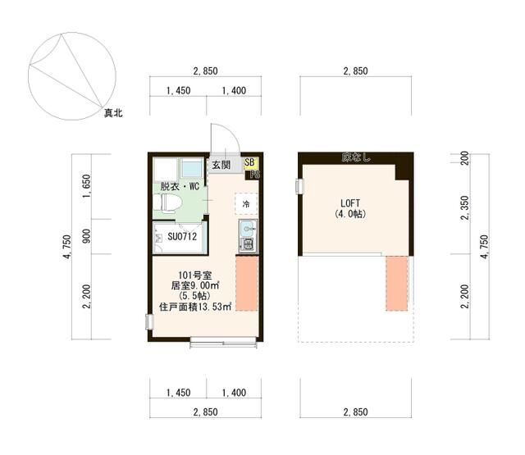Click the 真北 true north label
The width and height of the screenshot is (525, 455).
click(x=113, y=113)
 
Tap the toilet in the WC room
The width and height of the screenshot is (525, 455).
click(x=170, y=202)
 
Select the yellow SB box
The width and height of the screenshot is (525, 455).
click(x=249, y=163)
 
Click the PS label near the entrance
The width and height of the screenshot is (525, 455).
click(x=255, y=175)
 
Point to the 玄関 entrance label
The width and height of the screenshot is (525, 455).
click(x=221, y=165)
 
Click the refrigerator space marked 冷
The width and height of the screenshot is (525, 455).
click(x=246, y=203)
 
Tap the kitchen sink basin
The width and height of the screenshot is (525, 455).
click(x=248, y=229)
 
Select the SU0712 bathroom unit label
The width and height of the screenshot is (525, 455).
click(x=182, y=237)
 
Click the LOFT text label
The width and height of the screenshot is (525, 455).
click(x=350, y=203)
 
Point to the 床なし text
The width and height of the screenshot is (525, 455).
click(x=356, y=157)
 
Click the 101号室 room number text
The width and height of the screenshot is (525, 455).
click(x=195, y=275)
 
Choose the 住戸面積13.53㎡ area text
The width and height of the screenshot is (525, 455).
click(x=195, y=307)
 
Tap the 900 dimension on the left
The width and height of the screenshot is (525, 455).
click(x=86, y=236)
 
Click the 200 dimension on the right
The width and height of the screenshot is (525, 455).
click(x=465, y=158)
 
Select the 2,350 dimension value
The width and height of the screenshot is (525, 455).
click(x=465, y=207)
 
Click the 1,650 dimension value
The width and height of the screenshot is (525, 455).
click(x=86, y=186)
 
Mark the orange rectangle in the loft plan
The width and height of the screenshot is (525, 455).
click(x=397, y=284)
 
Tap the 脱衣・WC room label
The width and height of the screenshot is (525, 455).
click(x=180, y=186)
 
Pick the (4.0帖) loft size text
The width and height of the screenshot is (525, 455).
click(x=350, y=214)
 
